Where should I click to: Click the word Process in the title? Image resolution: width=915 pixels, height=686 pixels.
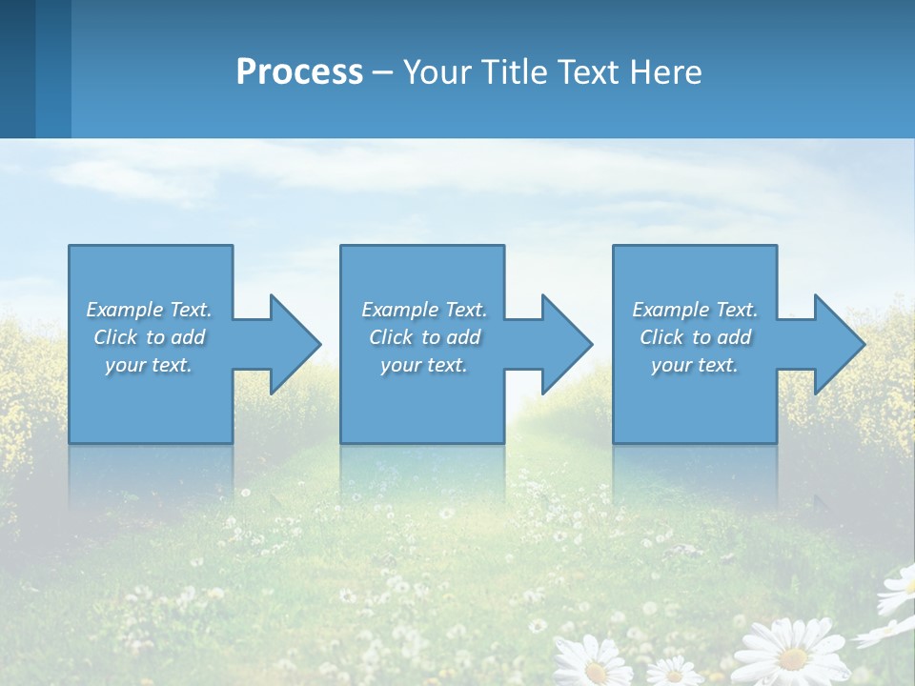pos(299,72)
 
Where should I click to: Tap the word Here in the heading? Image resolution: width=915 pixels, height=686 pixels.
pos(664,72)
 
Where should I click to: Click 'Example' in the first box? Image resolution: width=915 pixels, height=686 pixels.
pos(125,310)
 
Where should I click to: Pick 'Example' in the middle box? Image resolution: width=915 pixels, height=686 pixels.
pos(400,310)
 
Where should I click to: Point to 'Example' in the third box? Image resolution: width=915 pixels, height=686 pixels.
pos(671,310)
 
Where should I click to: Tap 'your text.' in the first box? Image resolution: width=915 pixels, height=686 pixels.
pos(149,365)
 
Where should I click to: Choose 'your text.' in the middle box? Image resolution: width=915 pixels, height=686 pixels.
pos(424,365)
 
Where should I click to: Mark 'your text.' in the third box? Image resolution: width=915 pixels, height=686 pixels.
pos(695,365)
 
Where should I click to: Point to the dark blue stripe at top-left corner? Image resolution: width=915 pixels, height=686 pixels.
pos(17,67)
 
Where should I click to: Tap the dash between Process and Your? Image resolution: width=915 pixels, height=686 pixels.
pos(382,72)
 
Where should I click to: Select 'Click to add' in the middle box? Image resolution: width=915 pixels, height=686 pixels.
pos(424,337)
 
